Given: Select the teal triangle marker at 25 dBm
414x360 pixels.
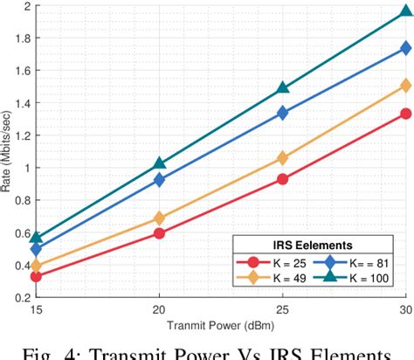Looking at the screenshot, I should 282,87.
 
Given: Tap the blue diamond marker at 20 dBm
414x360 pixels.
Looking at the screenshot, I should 159,180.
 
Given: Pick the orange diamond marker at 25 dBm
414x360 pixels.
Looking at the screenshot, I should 282,158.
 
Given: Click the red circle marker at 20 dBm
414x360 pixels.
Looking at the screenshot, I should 159,233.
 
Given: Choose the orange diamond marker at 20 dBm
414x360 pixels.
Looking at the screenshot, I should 159,218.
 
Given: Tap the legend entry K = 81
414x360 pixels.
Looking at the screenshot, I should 354,261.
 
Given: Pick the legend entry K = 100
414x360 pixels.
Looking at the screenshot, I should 355,279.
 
